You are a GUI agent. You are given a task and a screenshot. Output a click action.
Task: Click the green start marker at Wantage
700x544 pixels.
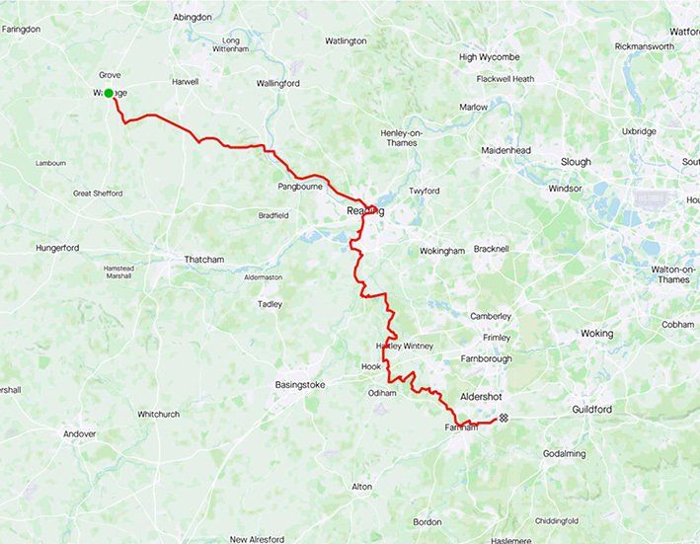(x=109, y=93)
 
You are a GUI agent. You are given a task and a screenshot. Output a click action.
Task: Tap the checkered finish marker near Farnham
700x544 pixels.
(x=504, y=419)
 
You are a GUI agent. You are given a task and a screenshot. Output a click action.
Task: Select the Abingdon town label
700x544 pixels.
(x=192, y=18)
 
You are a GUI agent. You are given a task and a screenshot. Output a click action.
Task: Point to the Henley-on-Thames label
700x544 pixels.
(x=399, y=137)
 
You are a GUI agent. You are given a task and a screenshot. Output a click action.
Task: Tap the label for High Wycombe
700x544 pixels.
(x=482, y=57)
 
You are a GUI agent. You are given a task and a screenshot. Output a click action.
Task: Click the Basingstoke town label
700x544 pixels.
(x=304, y=384)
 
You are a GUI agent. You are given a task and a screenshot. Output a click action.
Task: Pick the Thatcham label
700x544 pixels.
(x=204, y=260)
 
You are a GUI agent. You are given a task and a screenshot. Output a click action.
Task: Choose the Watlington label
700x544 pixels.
(x=346, y=40)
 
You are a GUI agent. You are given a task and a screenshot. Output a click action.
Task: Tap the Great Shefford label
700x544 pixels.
(x=98, y=194)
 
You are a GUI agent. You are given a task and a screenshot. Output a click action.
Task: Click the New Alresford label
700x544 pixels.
(x=258, y=539)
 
